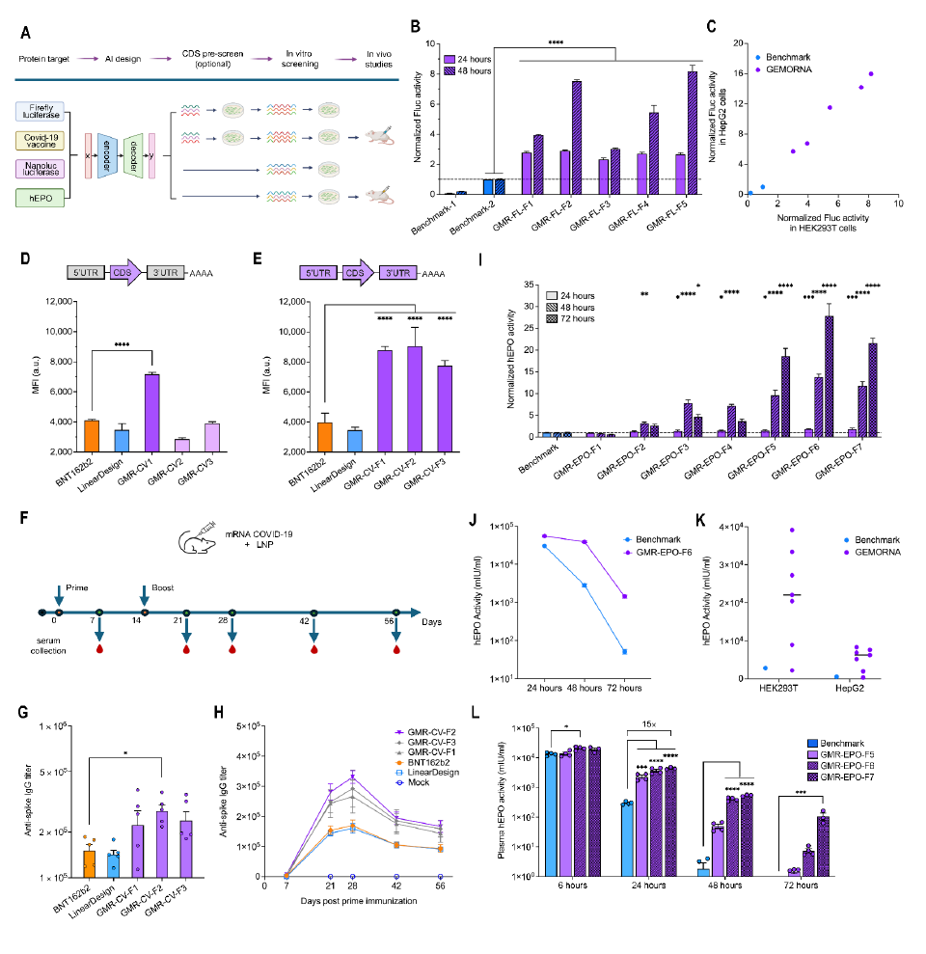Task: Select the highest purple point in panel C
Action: click(871, 74)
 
